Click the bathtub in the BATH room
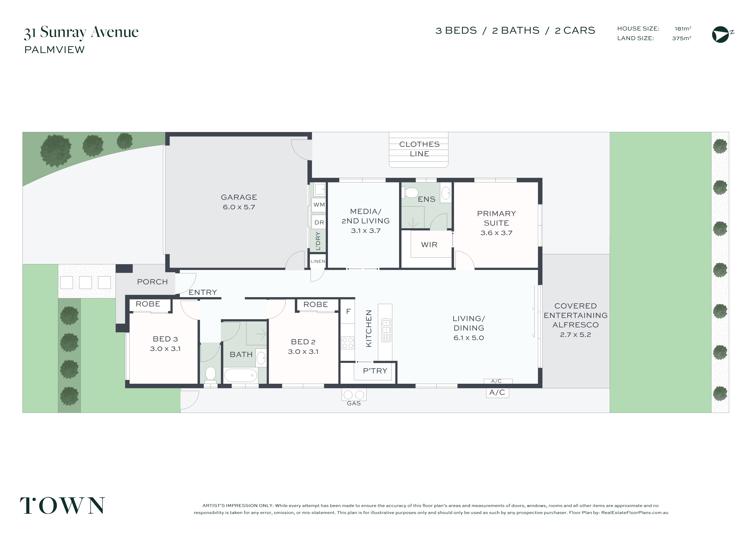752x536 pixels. pos(241,375)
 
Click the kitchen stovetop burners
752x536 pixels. pos(348,343)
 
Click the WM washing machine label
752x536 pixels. pos(319,205)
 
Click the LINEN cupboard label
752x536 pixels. pos(318,261)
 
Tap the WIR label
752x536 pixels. pos(429,245)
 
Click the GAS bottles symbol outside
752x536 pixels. pos(354,395)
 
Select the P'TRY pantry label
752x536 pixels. pos(375,371)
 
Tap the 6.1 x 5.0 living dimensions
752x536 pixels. pos(469,338)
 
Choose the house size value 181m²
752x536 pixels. pos(683,29)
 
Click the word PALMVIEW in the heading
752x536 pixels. pos(54,50)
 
